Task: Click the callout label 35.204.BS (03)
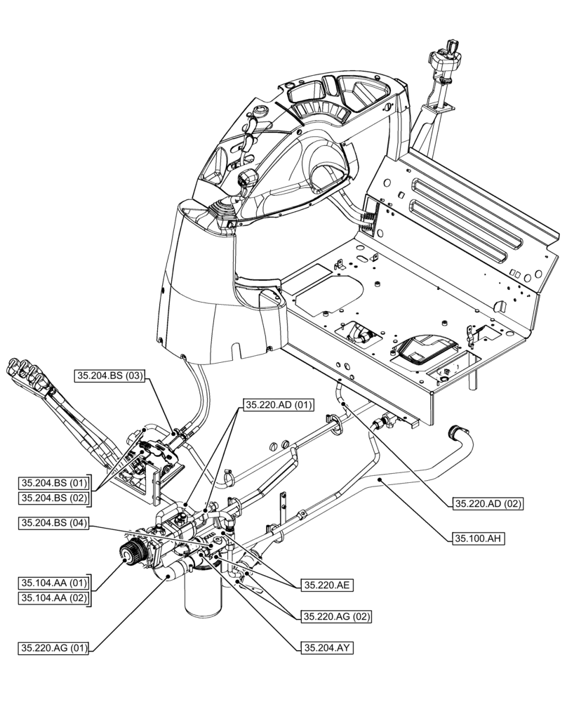click(109, 376)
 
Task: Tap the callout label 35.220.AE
click(327, 585)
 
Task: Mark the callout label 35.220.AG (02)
click(336, 616)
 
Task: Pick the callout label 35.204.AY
click(326, 648)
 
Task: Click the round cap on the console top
click(262, 111)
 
